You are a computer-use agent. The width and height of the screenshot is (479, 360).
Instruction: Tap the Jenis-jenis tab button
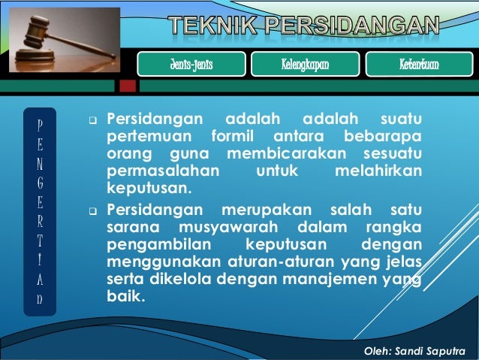pos(191,65)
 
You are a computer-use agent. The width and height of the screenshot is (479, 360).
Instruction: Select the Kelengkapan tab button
pos(300,65)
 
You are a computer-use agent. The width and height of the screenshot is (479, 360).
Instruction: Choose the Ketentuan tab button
pos(419,65)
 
